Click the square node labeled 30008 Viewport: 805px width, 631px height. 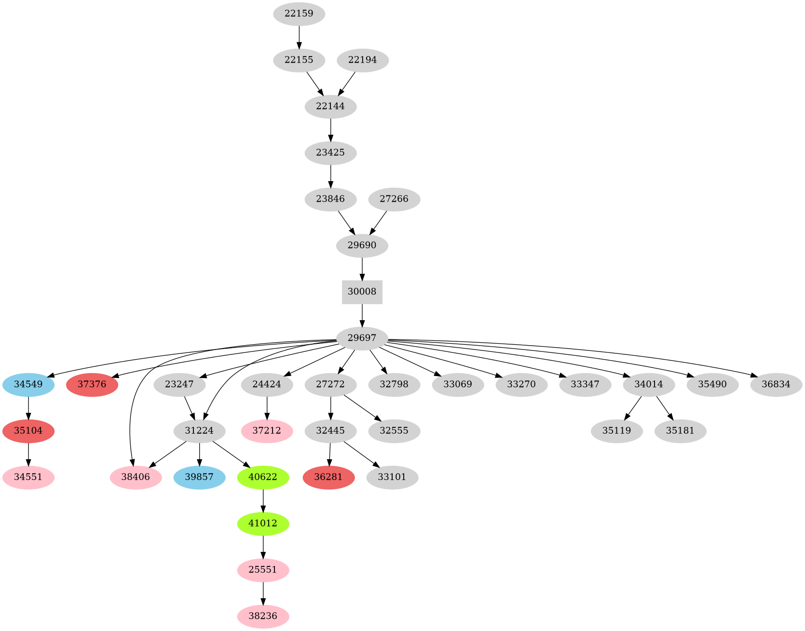[362, 292]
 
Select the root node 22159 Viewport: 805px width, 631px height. [299, 14]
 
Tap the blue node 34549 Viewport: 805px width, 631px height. [28, 385]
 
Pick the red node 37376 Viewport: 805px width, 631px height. [92, 385]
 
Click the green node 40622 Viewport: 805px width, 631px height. [263, 477]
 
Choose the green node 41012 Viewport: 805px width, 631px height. [263, 524]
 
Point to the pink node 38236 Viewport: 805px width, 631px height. [263, 617]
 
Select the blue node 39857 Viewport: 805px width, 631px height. [199, 477]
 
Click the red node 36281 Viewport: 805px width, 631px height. [328, 477]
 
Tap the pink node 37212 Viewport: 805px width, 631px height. [267, 431]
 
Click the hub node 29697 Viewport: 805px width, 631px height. [362, 338]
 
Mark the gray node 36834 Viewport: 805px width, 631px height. [776, 385]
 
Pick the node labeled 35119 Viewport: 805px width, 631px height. [616, 431]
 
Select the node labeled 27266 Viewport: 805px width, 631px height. [394, 199]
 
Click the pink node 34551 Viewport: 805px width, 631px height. [28, 477]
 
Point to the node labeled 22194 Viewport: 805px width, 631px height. [362, 60]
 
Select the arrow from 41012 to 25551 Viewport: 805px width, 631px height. [263, 547]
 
